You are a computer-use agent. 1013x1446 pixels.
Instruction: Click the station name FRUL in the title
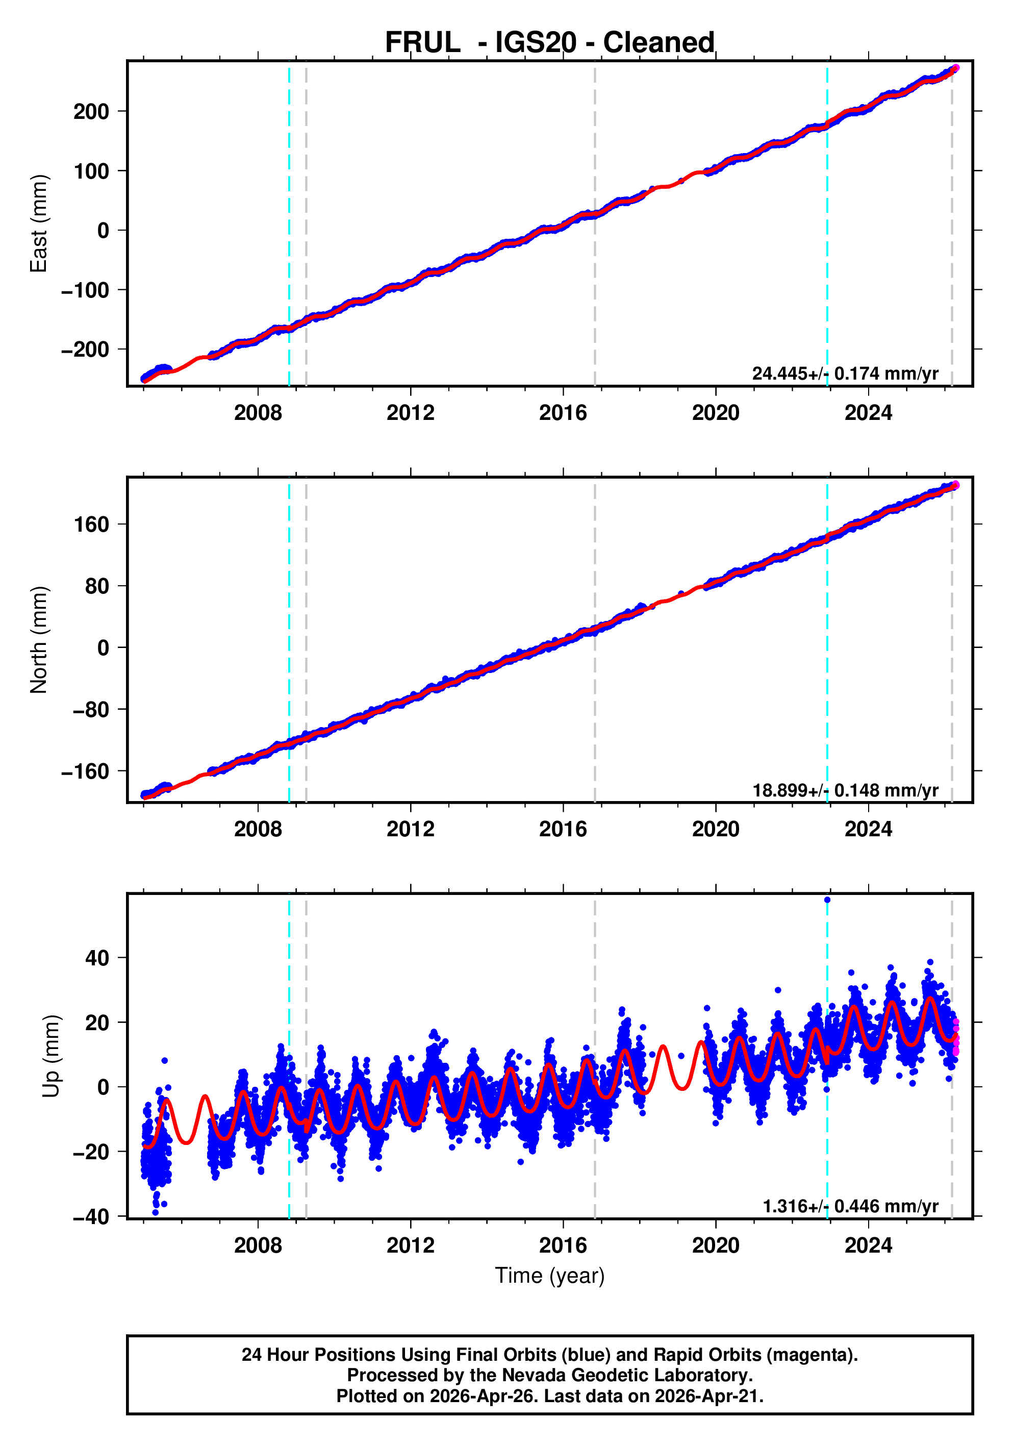click(x=422, y=43)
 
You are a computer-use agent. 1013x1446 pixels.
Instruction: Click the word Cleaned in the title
click(x=658, y=43)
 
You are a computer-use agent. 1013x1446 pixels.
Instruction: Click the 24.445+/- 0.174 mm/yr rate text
click(x=844, y=373)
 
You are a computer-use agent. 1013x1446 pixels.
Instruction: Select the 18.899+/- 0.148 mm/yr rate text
click(x=844, y=790)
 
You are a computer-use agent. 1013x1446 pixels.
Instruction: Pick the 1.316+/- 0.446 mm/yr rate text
click(x=849, y=1206)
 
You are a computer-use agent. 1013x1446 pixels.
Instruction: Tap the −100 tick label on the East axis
click(x=85, y=290)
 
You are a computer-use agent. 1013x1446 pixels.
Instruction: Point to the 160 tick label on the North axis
click(x=91, y=525)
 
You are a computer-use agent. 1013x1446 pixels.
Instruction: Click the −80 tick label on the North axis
click(x=91, y=710)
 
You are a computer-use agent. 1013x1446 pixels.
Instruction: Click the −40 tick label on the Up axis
click(x=91, y=1217)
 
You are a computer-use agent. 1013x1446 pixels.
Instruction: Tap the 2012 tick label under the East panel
click(x=410, y=413)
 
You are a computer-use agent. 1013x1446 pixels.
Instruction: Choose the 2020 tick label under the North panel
click(x=715, y=830)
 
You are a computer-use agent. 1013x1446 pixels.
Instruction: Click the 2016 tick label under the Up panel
click(x=562, y=1245)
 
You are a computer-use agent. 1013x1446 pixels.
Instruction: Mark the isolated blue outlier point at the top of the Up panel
click(x=827, y=900)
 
